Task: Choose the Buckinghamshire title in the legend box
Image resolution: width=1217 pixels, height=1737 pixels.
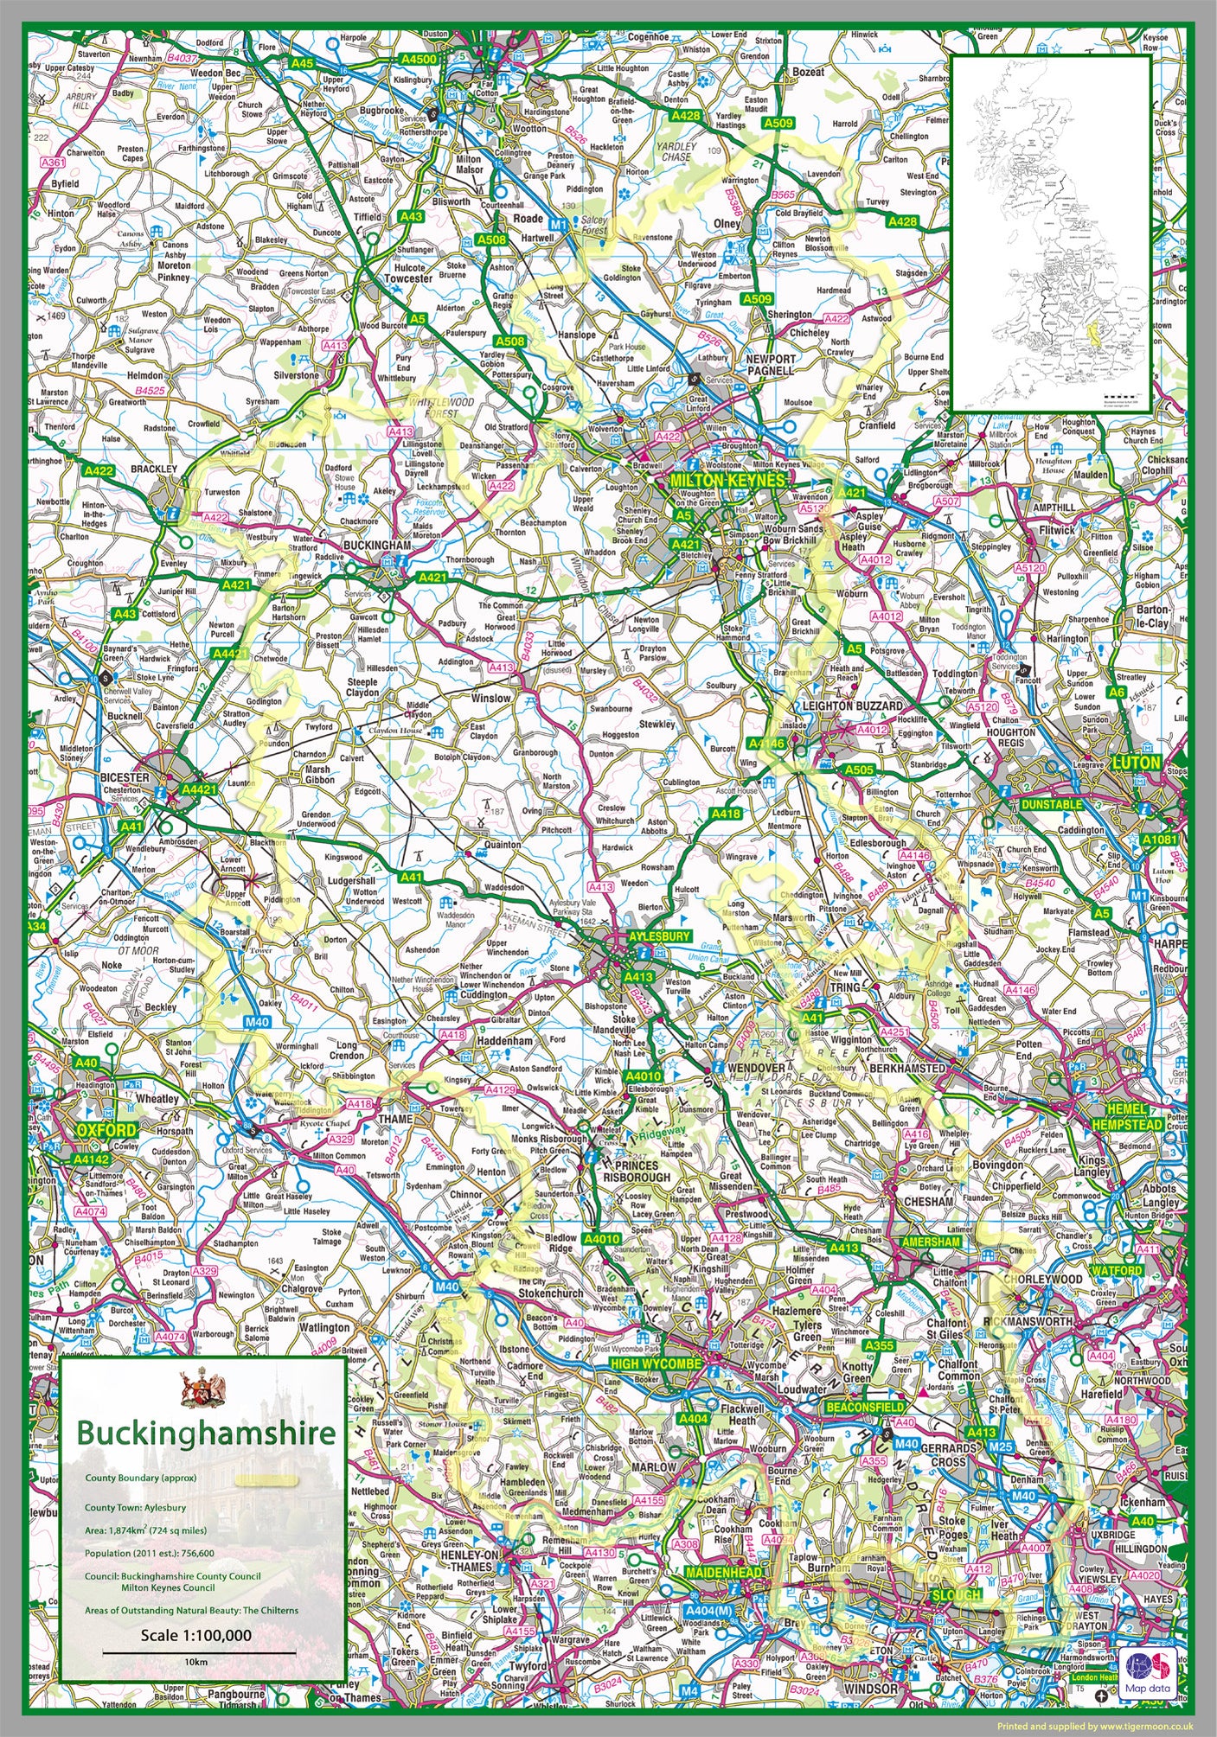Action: click(205, 1432)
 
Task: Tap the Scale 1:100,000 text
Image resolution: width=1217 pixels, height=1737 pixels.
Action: click(196, 1635)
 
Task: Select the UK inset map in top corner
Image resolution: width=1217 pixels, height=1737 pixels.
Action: click(1054, 233)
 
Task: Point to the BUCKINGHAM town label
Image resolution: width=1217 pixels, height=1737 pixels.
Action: click(377, 546)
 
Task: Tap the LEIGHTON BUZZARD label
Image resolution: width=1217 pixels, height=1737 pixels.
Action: click(852, 706)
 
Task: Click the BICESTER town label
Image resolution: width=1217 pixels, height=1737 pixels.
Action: click(125, 777)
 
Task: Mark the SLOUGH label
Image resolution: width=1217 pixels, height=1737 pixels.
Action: click(956, 1594)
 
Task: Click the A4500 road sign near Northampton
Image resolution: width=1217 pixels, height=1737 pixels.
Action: click(419, 59)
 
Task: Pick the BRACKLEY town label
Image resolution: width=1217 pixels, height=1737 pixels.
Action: click(153, 469)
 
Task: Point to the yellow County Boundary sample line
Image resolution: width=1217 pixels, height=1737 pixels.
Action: click(269, 1479)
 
